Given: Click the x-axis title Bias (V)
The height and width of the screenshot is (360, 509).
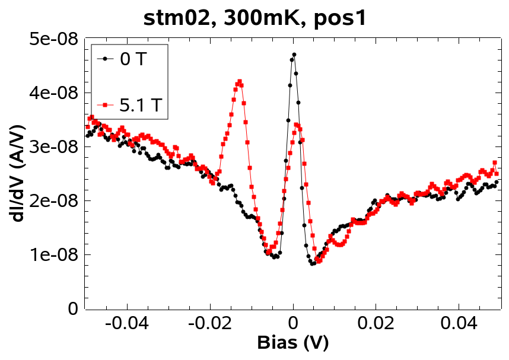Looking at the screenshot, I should coord(292,343).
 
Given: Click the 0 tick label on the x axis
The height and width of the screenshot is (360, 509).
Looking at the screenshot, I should coord(293,324).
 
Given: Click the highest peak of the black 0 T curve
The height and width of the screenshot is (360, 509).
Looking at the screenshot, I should coord(294,55).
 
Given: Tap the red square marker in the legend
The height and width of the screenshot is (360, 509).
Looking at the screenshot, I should coord(106,106).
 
